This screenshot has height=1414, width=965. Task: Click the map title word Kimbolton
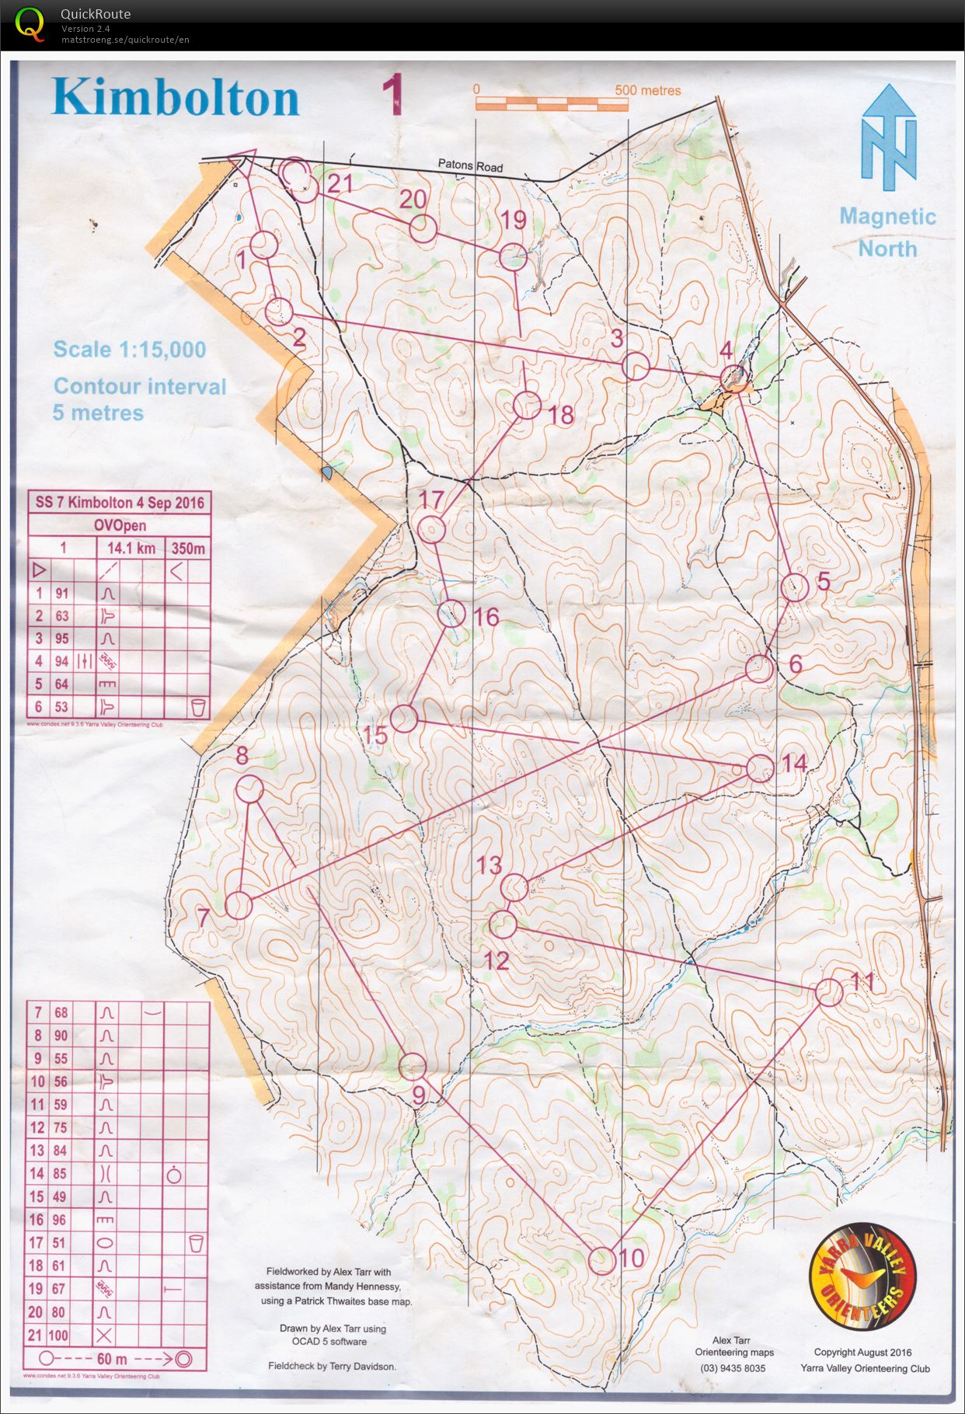176,98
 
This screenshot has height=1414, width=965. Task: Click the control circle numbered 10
602,1260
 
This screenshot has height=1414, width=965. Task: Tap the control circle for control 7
239,905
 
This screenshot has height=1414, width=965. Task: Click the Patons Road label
469,165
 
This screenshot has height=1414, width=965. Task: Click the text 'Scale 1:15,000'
130,350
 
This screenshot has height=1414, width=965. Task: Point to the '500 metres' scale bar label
647,90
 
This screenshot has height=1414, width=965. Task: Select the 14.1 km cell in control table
130,549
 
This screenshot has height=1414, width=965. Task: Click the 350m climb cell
188,549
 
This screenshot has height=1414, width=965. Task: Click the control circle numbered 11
829,993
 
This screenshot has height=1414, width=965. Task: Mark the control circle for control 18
527,405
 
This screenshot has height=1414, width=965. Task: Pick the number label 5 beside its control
823,580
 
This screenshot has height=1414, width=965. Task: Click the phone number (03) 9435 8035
733,1368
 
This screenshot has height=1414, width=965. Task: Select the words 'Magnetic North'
887,232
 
